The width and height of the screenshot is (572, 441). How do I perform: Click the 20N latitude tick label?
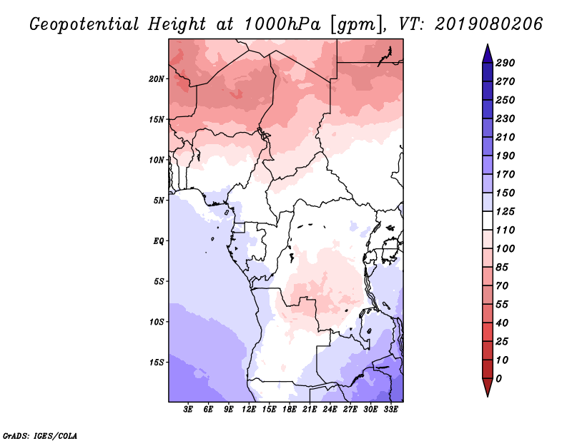(x=157, y=78)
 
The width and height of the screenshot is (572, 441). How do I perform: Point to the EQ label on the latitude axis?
(x=159, y=241)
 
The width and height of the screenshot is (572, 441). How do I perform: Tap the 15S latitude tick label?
(x=157, y=363)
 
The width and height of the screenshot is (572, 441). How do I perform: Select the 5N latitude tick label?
(x=159, y=201)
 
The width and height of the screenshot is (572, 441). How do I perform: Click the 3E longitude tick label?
(x=189, y=410)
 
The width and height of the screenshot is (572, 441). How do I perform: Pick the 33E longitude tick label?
(x=390, y=410)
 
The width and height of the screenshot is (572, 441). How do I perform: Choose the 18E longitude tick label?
(x=290, y=410)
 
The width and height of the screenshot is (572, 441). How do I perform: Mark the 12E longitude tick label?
(x=249, y=410)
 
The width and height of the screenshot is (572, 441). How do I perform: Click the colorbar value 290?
(x=505, y=63)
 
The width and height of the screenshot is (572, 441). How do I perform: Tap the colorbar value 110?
(x=505, y=230)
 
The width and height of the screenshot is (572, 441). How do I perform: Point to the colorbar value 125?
(x=505, y=212)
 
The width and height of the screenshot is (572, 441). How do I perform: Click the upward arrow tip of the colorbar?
(x=486, y=46)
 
